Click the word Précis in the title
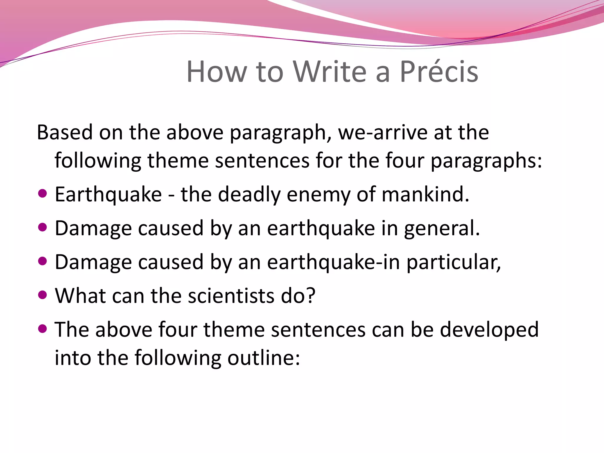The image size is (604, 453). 439,72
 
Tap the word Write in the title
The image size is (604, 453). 330,72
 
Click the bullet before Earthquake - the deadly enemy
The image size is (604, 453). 43,194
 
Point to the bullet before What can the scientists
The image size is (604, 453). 43,295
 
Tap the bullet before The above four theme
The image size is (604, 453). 43,329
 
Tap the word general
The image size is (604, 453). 442,229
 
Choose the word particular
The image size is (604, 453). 454,262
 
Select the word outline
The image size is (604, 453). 264,358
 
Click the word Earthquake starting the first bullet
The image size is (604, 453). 108,195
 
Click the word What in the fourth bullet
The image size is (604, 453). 81,296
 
